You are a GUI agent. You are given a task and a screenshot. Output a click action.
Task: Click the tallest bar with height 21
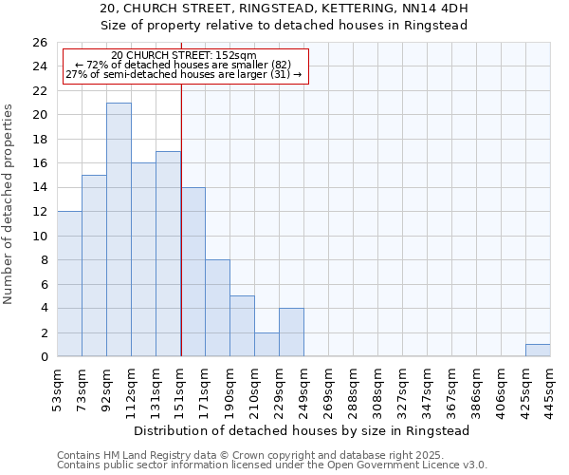pos(119,230)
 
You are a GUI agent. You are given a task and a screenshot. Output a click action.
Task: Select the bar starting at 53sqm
pos(69,284)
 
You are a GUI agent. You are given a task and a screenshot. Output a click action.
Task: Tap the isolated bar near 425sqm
pos(538,351)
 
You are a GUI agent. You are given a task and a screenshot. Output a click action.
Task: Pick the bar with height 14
pos(193,272)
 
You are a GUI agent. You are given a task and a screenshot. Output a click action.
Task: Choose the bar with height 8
pos(217,308)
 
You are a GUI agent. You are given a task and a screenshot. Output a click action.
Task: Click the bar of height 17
pos(168,254)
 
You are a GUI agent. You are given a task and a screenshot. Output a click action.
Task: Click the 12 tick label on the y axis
pos(39,212)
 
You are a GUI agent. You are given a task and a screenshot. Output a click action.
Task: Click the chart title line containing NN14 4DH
pos(284,9)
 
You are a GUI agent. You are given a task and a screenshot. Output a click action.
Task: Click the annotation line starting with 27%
pos(184,74)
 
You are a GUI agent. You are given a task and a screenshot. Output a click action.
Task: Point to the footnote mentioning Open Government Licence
pos(272,465)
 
